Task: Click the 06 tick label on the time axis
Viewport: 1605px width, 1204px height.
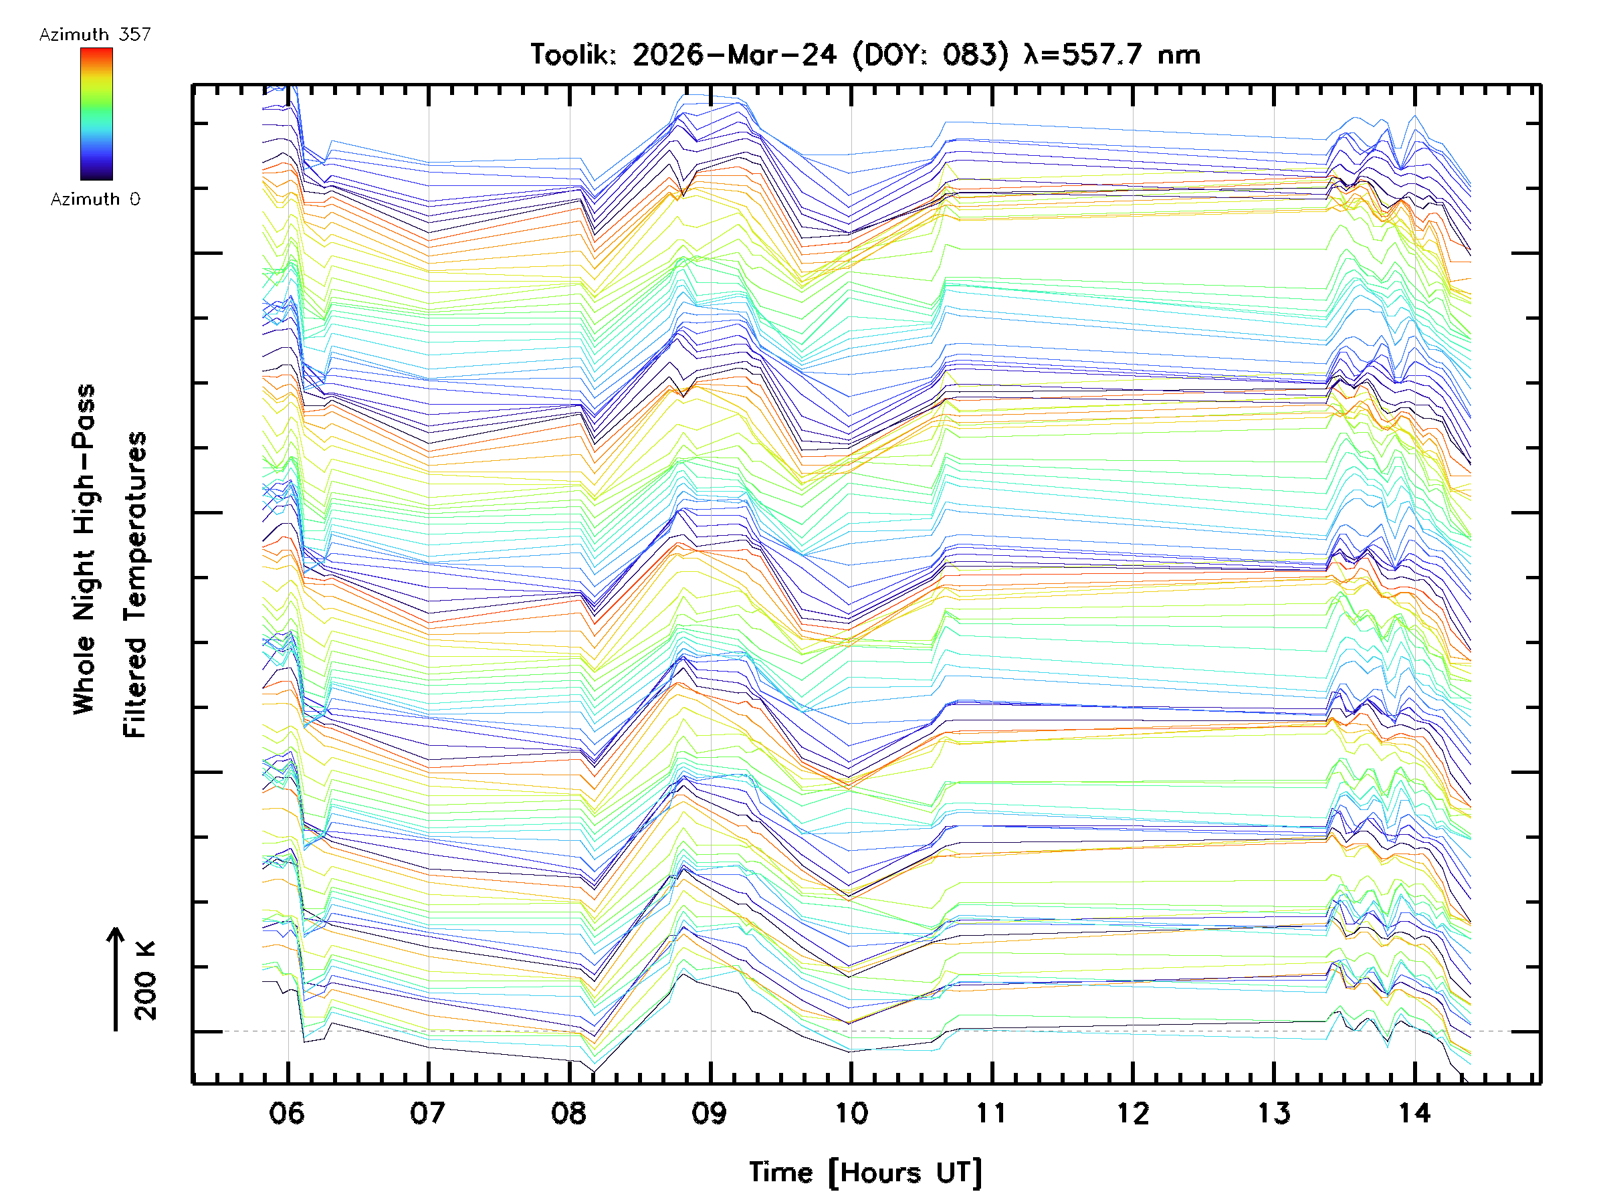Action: point(287,1112)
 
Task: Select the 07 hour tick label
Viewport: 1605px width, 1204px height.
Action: point(427,1112)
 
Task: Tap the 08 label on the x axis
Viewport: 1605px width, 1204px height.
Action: point(568,1112)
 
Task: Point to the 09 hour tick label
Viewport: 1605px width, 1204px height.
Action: point(709,1112)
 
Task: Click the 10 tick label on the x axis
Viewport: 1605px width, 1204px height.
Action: point(851,1112)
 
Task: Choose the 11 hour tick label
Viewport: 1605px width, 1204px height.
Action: point(991,1112)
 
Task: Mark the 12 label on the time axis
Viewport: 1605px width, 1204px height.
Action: point(1133,1112)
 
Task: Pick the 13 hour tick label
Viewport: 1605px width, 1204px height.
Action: point(1273,1112)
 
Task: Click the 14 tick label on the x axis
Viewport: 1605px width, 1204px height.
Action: point(1414,1112)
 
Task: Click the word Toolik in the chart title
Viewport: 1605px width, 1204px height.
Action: point(573,55)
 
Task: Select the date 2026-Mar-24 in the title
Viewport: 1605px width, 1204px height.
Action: point(734,55)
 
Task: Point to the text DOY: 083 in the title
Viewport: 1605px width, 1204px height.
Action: point(931,55)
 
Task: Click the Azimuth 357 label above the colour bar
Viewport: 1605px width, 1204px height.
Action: point(95,35)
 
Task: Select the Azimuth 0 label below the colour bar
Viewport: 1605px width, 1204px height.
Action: point(95,199)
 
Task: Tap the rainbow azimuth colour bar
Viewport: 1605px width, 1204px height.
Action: point(96,114)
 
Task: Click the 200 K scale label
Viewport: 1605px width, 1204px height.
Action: point(146,981)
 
